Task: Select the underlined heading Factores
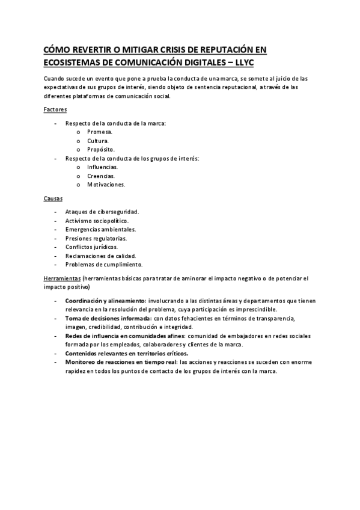point(55,110)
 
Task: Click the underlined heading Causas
point(53,198)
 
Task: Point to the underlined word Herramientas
point(62,278)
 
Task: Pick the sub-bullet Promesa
point(100,132)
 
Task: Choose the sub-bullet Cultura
point(98,141)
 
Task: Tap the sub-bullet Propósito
point(100,149)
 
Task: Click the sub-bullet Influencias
point(102,167)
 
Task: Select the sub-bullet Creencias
point(100,176)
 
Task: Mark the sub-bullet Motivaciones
point(106,185)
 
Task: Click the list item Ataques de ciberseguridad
point(102,212)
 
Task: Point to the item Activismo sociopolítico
point(97,221)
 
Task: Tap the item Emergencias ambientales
point(100,229)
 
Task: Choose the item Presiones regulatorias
point(96,238)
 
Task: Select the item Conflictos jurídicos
point(91,247)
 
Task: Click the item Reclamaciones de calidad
point(100,256)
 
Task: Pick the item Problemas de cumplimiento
point(103,264)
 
